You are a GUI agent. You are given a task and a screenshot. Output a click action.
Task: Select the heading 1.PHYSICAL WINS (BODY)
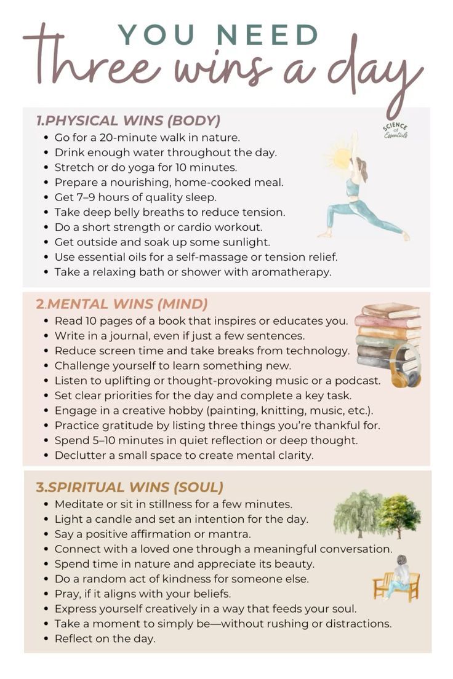[x=128, y=121]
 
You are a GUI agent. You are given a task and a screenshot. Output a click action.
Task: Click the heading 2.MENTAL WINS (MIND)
[x=122, y=304]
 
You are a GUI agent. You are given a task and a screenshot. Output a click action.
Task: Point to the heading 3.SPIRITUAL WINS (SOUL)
[x=129, y=487]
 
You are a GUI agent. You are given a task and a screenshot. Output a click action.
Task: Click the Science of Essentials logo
[x=395, y=130]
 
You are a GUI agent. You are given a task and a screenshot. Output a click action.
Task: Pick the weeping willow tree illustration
[x=357, y=512]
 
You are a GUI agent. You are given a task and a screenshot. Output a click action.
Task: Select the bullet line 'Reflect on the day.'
[x=105, y=638]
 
